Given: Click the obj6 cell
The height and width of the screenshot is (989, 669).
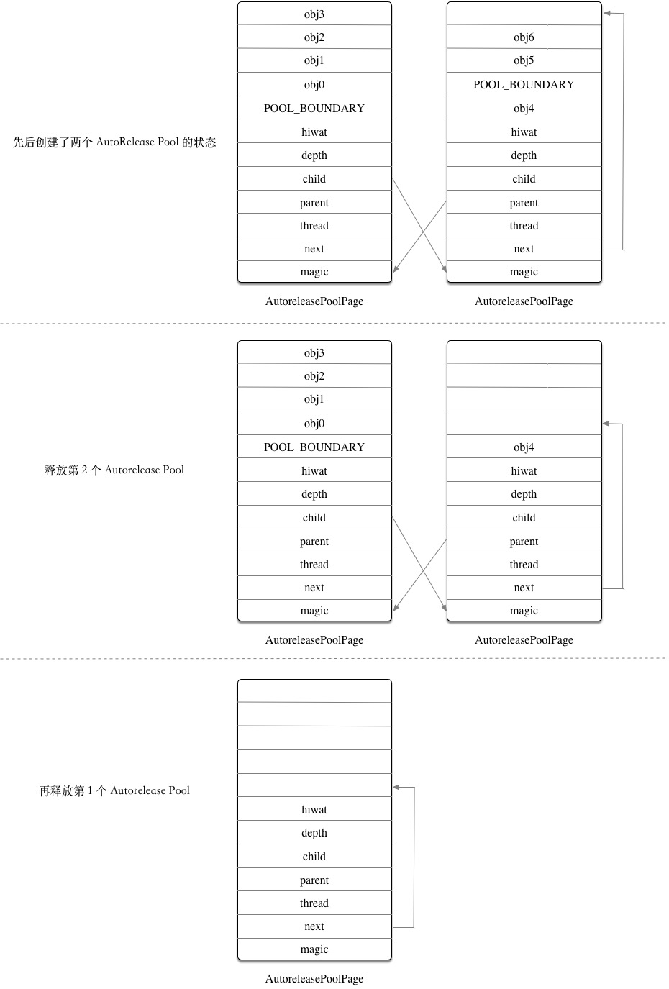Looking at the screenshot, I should pyautogui.click(x=524, y=37).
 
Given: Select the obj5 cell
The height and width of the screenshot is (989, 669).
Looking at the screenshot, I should pyautogui.click(x=524, y=60).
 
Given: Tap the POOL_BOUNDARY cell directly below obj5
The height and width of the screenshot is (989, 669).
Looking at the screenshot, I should pyautogui.click(x=524, y=84).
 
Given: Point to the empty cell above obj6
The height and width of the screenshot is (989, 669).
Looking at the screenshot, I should pyautogui.click(x=524, y=14).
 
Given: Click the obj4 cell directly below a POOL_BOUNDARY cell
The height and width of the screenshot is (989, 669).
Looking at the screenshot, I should pyautogui.click(x=524, y=109).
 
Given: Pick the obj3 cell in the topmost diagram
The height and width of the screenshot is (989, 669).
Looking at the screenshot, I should pyautogui.click(x=314, y=14).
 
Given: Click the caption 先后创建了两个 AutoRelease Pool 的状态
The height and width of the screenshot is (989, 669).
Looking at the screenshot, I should pyautogui.click(x=114, y=142).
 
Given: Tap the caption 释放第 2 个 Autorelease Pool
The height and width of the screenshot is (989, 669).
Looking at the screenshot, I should pyautogui.click(x=114, y=470).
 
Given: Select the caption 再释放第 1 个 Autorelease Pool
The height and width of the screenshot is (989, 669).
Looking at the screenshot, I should pyautogui.click(x=114, y=790).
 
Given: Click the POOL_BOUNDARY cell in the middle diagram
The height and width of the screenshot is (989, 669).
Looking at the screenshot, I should pyautogui.click(x=314, y=447).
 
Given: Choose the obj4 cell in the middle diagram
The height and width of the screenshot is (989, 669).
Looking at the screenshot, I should pyautogui.click(x=524, y=447).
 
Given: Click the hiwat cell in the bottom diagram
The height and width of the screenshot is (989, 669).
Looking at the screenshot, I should pyautogui.click(x=314, y=809).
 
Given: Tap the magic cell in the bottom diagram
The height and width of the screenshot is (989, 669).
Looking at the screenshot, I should pyautogui.click(x=314, y=949).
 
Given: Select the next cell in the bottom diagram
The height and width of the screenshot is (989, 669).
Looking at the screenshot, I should pyautogui.click(x=314, y=926).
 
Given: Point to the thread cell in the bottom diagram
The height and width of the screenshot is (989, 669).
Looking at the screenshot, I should pyautogui.click(x=314, y=903).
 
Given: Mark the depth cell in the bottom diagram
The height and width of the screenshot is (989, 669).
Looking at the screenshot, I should pyautogui.click(x=314, y=833).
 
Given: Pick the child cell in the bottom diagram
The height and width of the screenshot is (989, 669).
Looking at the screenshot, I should pyautogui.click(x=314, y=857).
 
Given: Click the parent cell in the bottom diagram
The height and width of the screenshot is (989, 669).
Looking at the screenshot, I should pyautogui.click(x=314, y=880).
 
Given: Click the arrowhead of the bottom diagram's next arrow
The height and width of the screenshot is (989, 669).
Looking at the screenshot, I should pyautogui.click(x=396, y=788).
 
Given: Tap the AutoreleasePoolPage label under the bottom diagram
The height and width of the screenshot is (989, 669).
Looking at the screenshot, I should pyautogui.click(x=314, y=978).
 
